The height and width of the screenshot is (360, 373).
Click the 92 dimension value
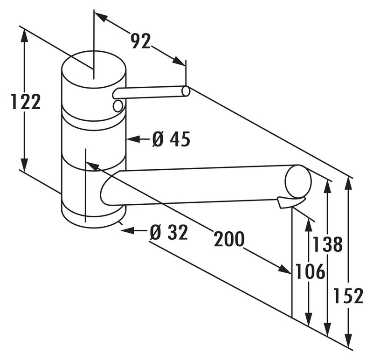tap(140, 42)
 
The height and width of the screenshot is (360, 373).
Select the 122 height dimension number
tap(26, 102)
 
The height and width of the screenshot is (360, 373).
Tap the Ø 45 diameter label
tap(171, 139)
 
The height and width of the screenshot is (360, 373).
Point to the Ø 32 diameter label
tap(169, 232)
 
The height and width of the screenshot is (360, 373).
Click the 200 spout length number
tap(229, 240)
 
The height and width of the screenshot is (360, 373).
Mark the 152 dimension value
tap(348, 296)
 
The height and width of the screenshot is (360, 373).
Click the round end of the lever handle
tap(186, 91)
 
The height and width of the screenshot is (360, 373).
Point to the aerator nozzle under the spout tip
tap(290, 202)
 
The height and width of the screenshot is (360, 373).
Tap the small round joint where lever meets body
tap(118, 106)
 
